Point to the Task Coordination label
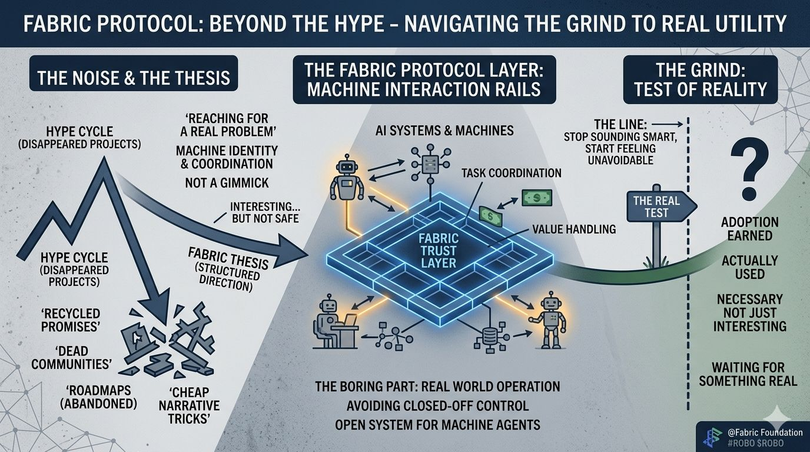[511, 173]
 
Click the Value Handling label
[573, 230]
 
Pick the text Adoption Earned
[749, 228]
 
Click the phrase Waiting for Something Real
[748, 374]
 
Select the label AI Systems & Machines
[444, 130]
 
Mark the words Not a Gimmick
[227, 182]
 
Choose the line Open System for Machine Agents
[437, 424]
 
